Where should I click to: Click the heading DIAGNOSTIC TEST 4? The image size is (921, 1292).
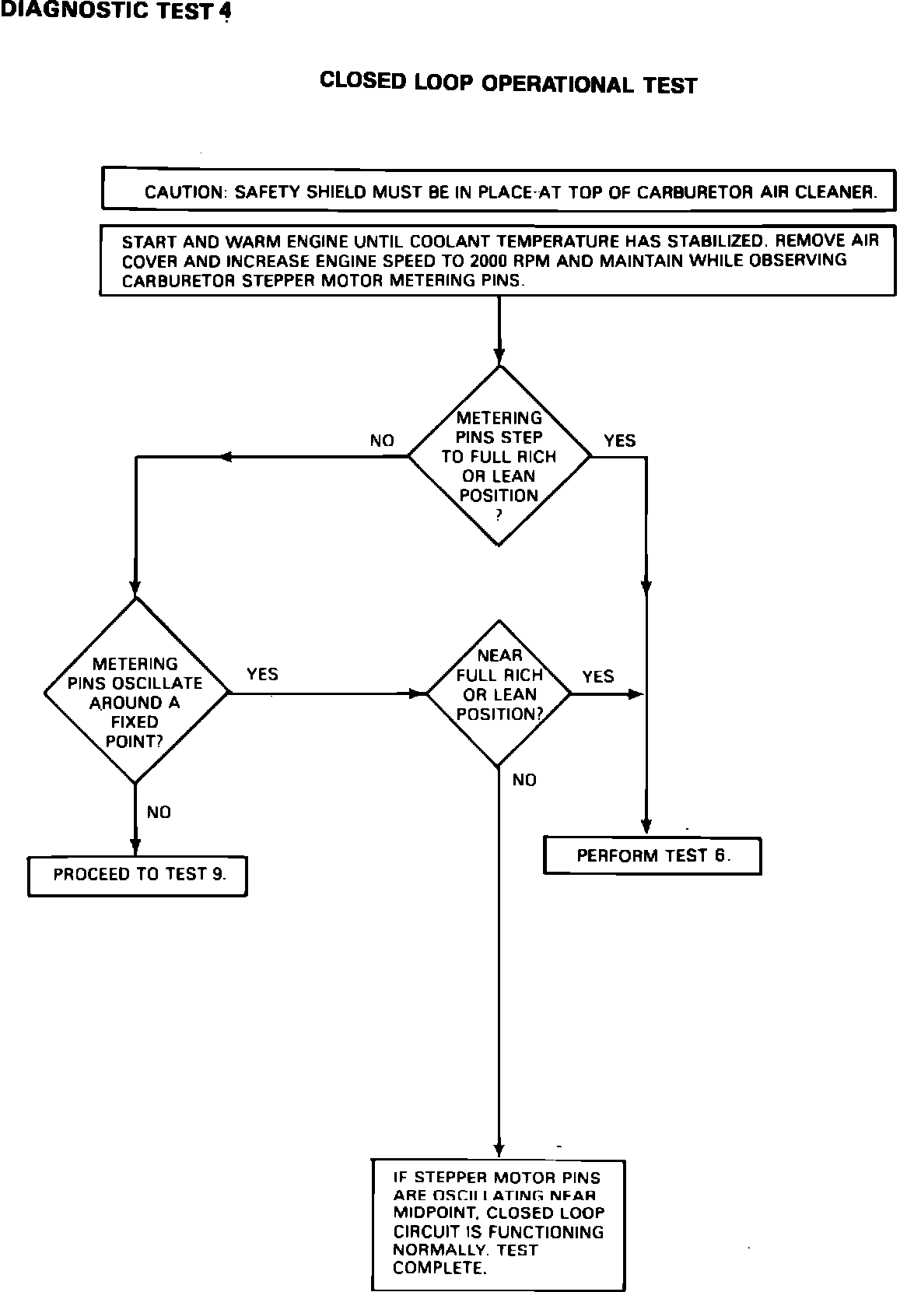pyautogui.click(x=115, y=12)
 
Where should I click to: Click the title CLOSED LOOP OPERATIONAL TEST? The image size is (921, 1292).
pyautogui.click(x=508, y=83)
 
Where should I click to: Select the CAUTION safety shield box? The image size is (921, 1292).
pyautogui.click(x=498, y=190)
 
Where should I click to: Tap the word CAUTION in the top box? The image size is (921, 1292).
pyautogui.click(x=184, y=192)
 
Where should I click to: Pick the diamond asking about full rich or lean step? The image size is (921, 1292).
pyautogui.click(x=499, y=456)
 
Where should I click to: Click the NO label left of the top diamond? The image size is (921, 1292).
pyautogui.click(x=382, y=441)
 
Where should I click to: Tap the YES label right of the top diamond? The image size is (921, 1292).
pyautogui.click(x=619, y=441)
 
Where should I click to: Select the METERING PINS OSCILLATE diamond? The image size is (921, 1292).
pyautogui.click(x=135, y=691)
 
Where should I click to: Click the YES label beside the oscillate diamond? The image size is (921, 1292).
pyautogui.click(x=262, y=674)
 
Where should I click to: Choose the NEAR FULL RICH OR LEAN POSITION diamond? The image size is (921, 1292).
pyautogui.click(x=499, y=693)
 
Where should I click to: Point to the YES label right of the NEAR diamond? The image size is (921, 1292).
pyautogui.click(x=597, y=676)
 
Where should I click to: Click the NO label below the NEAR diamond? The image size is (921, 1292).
pyautogui.click(x=524, y=780)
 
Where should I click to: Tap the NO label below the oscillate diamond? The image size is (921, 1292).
pyautogui.click(x=159, y=813)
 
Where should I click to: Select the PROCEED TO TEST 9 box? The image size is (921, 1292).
pyautogui.click(x=138, y=876)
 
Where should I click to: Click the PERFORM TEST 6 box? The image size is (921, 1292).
pyautogui.click(x=652, y=856)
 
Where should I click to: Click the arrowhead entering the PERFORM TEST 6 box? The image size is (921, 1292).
pyautogui.click(x=646, y=827)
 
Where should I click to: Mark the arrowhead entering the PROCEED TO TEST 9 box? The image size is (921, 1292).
pyautogui.click(x=135, y=848)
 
